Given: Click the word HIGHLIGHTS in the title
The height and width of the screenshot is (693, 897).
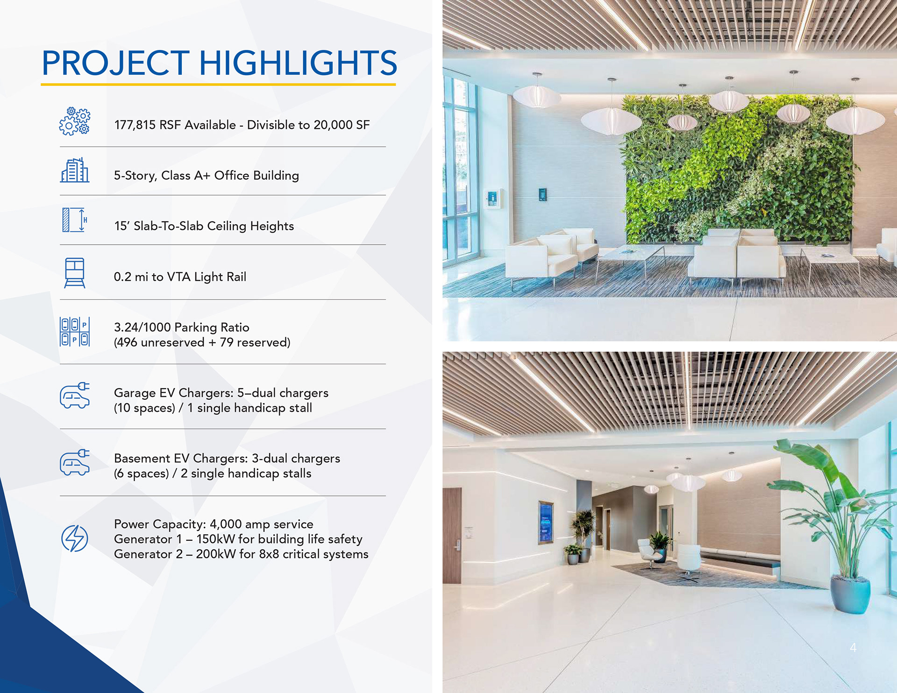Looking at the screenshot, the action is [298, 63].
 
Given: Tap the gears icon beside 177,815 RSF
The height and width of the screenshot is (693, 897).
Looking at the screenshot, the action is [75, 121].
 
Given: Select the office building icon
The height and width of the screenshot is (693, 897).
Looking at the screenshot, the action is [75, 170].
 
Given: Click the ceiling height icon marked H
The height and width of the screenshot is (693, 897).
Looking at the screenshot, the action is [75, 220].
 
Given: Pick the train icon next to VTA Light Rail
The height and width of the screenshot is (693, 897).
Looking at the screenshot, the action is [75, 273].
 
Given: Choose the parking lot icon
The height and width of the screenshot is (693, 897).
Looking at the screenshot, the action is [75, 332].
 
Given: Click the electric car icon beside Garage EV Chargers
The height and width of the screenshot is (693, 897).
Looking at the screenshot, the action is [75, 396].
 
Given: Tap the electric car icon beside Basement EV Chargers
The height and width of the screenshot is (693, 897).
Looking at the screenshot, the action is [75, 462].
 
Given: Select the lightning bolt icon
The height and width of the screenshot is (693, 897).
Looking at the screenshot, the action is [75, 538].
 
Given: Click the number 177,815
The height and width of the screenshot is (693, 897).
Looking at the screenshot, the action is [135, 125].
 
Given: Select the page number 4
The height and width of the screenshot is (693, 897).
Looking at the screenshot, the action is [853, 647].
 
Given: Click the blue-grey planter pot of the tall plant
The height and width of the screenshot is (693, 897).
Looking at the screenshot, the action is [850, 594].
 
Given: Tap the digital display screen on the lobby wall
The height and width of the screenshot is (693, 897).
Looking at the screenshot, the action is [546, 523].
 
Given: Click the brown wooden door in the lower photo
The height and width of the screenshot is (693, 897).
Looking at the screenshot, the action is [452, 536].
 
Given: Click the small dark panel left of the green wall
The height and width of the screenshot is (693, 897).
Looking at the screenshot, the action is [542, 194].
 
